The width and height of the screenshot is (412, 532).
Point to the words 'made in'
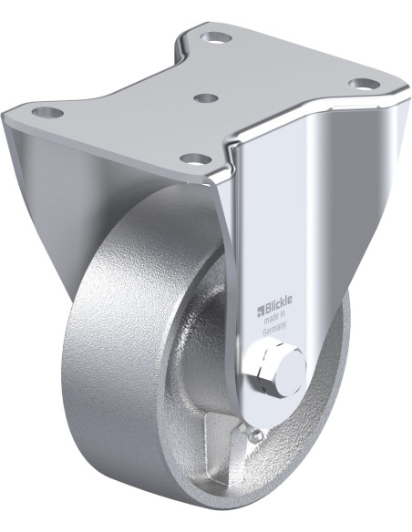coord(274,317)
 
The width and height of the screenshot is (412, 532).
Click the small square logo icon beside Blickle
coord(261,309)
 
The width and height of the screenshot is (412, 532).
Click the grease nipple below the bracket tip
coord(250,433)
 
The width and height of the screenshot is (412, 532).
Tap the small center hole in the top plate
coord(206,97)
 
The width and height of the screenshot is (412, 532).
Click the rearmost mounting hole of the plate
coord(216,37)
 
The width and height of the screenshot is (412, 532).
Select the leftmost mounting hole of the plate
coord(47,111)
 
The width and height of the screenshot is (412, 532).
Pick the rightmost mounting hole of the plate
coord(365,83)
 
